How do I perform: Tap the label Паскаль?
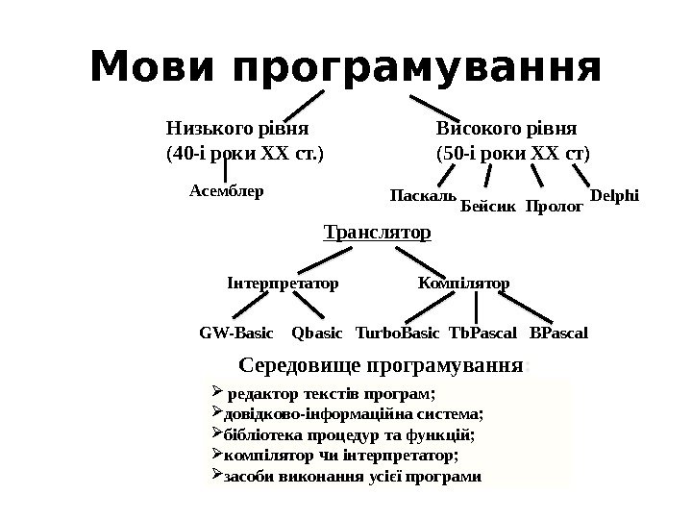coord(423,196)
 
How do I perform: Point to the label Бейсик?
coord(489,206)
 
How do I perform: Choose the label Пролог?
coord(555,206)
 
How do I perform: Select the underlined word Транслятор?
coord(377,233)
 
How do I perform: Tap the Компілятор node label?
coord(464,284)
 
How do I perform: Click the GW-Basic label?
coord(235,334)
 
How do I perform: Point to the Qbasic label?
coord(316,334)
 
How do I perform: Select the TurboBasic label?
coord(397,334)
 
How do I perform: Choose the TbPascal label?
coord(482,334)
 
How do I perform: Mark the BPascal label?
coord(558,334)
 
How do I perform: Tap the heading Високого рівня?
coord(507,128)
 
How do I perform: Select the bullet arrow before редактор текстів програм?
coord(215,392)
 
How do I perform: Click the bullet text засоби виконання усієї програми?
coord(351,476)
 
